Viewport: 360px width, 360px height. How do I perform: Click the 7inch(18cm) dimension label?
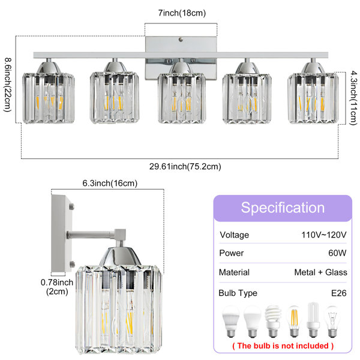click(182, 13)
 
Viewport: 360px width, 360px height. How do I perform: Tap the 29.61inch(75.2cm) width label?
click(185, 166)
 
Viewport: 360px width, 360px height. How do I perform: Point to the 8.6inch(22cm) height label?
click(8, 85)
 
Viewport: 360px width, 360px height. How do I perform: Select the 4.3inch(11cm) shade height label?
click(353, 98)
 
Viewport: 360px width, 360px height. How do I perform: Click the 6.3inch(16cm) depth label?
click(110, 183)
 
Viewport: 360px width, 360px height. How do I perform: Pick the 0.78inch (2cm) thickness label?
click(57, 287)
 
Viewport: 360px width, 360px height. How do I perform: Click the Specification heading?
click(283, 208)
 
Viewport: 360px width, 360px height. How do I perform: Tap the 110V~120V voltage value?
click(324, 235)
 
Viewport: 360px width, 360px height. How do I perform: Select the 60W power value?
click(337, 253)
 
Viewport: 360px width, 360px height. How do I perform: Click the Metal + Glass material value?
click(321, 272)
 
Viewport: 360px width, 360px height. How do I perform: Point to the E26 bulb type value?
click(339, 293)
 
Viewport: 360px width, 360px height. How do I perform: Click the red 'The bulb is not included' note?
click(283, 346)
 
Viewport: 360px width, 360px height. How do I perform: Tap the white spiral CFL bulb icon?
click(273, 321)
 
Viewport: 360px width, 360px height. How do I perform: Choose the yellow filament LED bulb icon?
click(294, 321)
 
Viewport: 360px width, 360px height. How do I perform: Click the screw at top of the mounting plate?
click(181, 40)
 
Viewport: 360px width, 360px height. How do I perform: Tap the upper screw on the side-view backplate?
click(71, 206)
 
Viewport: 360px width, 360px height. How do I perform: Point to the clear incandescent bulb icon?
click(332, 322)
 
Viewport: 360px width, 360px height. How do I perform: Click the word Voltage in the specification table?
click(234, 235)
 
